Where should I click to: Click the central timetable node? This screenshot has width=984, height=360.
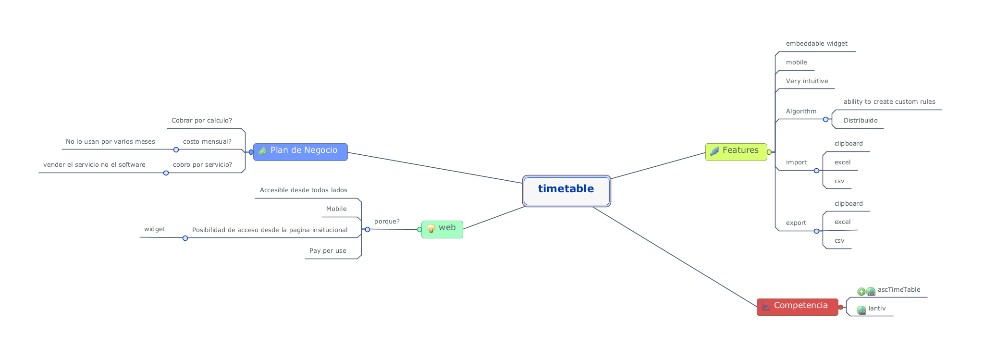[x=566, y=191]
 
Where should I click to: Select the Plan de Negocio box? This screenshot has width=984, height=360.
[x=300, y=152]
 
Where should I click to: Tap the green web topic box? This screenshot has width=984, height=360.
[x=442, y=229]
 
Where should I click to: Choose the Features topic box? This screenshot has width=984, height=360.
[x=736, y=152]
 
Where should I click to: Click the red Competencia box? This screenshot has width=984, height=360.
[x=798, y=307]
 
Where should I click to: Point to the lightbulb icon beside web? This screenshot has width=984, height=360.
[x=431, y=229]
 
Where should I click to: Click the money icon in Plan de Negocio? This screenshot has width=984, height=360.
[x=262, y=151]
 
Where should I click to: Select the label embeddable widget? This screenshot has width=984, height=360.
[x=817, y=44]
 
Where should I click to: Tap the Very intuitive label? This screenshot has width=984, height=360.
[x=807, y=81]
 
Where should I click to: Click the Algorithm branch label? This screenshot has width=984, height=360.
[x=801, y=112]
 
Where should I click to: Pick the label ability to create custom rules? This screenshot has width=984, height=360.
[x=889, y=102]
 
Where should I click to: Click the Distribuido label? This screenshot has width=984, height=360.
[x=861, y=121]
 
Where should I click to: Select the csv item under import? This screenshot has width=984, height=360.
[x=839, y=181]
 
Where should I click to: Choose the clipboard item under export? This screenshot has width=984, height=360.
[x=849, y=204]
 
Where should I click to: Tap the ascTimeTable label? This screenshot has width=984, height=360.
[x=899, y=290]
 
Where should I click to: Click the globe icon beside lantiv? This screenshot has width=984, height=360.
[x=861, y=310]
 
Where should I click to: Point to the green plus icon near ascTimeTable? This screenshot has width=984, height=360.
[x=861, y=291]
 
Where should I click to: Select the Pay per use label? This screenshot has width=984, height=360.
[x=328, y=251]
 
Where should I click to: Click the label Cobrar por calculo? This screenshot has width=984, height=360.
[x=202, y=121]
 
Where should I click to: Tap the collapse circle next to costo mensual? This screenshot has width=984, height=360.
[x=176, y=149]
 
